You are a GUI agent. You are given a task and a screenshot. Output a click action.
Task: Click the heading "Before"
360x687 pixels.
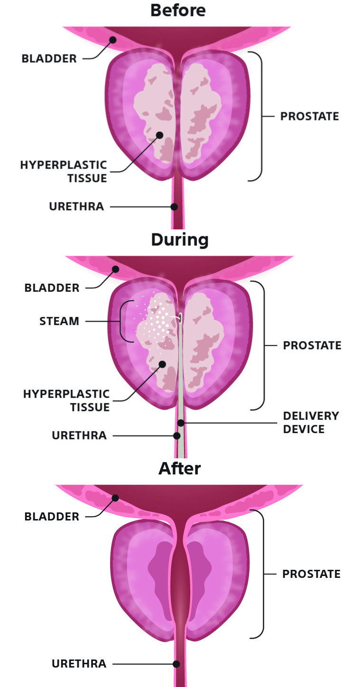pyautogui.click(x=178, y=10)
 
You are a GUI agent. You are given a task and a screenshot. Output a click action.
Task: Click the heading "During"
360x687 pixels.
pyautogui.click(x=180, y=240)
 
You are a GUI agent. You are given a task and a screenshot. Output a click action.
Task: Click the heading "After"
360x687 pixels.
pyautogui.click(x=179, y=469)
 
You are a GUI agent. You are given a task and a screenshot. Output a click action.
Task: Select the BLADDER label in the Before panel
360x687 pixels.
pyautogui.click(x=49, y=59)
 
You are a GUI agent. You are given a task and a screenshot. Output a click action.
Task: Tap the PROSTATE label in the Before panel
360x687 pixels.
pyautogui.click(x=310, y=117)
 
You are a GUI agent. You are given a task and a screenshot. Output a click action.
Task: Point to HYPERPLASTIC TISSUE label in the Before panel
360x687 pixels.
pyautogui.click(x=64, y=172)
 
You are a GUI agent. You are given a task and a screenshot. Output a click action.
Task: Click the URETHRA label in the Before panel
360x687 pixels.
pyautogui.click(x=76, y=207)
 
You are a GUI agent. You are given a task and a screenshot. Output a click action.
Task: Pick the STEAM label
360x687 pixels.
pyautogui.click(x=59, y=321)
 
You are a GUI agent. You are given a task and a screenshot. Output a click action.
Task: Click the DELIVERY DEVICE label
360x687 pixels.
pyautogui.click(x=311, y=423)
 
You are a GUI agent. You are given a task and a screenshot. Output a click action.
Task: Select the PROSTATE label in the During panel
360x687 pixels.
pyautogui.click(x=312, y=345)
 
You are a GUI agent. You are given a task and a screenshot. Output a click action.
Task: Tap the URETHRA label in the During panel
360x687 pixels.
pyautogui.click(x=79, y=436)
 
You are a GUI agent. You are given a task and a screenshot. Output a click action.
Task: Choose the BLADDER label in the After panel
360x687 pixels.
pyautogui.click(x=52, y=517)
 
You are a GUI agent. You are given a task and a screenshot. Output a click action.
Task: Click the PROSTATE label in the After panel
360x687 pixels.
pyautogui.click(x=311, y=574)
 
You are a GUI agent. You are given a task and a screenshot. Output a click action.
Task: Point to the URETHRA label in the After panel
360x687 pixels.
pyautogui.click(x=79, y=664)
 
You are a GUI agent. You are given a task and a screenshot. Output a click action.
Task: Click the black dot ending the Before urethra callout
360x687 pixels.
pyautogui.click(x=175, y=207)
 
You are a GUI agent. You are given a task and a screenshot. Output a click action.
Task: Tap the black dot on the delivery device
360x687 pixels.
pyautogui.click(x=180, y=422)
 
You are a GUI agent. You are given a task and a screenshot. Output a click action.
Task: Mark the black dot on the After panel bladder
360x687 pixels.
pyautogui.click(x=114, y=498)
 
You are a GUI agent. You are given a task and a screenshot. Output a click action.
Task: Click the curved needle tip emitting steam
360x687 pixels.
pyautogui.click(x=180, y=318)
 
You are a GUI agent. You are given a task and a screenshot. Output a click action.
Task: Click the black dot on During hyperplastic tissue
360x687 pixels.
pyautogui.click(x=162, y=364)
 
